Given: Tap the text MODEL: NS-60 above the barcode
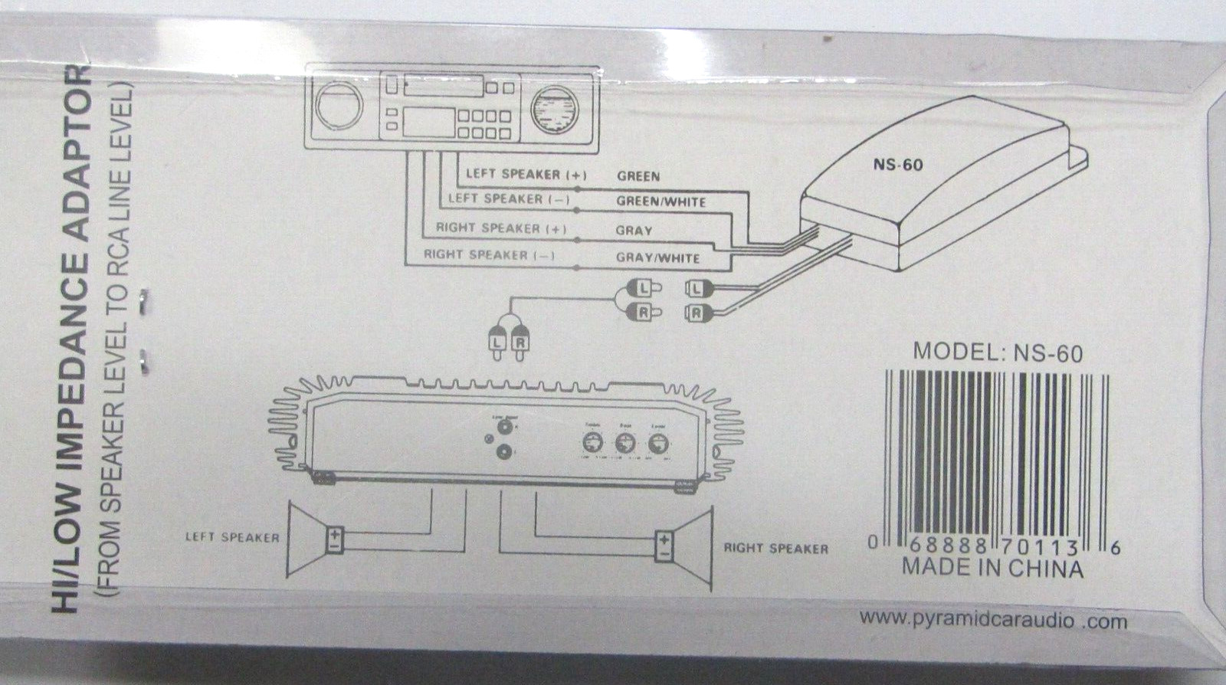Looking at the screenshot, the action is [x=998, y=352].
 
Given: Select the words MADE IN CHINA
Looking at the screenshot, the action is [x=992, y=569].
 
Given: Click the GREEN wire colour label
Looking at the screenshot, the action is [x=638, y=175].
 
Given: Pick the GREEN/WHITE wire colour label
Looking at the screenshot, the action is [x=661, y=202].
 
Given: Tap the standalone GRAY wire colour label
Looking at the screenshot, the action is [x=634, y=230].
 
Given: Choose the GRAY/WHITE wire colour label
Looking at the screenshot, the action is [x=657, y=257].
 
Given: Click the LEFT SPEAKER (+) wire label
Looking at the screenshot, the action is [x=526, y=174].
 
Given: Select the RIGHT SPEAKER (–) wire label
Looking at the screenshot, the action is [x=489, y=254].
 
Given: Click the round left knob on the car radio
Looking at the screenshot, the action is [x=337, y=106].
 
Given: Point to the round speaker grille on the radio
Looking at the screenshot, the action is [x=552, y=110].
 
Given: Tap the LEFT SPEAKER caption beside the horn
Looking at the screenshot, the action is [x=232, y=537].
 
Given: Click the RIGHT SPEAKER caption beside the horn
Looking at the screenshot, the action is [x=775, y=549].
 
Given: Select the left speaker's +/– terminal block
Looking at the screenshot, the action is [x=335, y=540].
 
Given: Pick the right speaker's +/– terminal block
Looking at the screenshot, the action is [x=664, y=547].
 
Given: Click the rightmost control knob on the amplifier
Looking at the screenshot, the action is [x=657, y=444].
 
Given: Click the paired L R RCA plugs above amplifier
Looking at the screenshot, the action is [x=508, y=342].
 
